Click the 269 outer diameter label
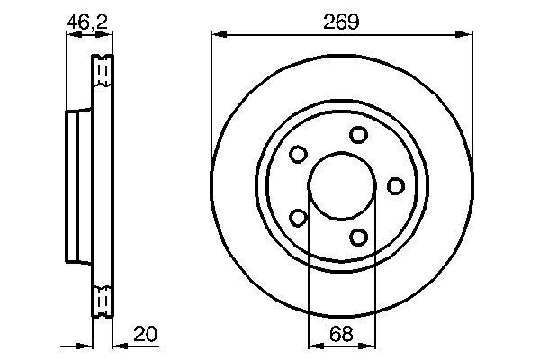pyautogui.click(x=343, y=21)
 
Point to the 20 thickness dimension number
pyautogui.click(x=147, y=334)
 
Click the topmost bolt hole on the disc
pyautogui.click(x=359, y=135)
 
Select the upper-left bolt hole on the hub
pyautogui.click(x=298, y=155)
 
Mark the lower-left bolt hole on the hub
pyautogui.click(x=298, y=217)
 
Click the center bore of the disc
pyautogui.click(x=341, y=185)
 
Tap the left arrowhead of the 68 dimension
pyautogui.click(x=313, y=345)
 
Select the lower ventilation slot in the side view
pyautogui.click(x=103, y=298)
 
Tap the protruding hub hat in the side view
pyautogui.click(x=77, y=184)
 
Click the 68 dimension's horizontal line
pyautogui.click(x=341, y=345)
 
